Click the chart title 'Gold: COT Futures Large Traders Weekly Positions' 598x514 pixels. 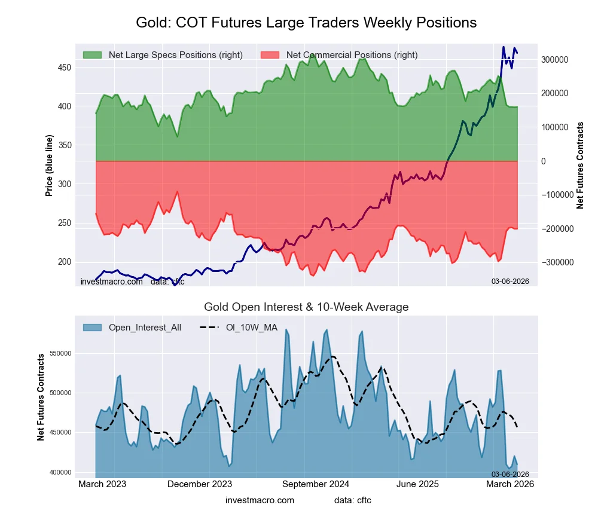[306, 23]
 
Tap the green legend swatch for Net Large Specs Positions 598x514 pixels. [92, 55]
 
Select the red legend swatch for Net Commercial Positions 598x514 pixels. [270, 55]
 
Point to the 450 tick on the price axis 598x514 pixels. [64, 68]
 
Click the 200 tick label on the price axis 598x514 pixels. [64, 262]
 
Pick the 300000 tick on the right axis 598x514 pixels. [555, 60]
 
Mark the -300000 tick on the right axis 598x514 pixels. [556, 262]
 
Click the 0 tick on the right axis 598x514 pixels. [544, 161]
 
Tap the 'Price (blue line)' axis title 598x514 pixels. [49, 166]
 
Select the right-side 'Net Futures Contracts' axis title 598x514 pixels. [580, 166]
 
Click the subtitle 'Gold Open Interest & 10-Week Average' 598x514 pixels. [306, 307]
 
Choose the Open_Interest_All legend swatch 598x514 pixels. [92, 328]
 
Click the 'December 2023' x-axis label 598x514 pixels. [200, 484]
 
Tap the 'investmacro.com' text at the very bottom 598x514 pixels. [260, 500]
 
